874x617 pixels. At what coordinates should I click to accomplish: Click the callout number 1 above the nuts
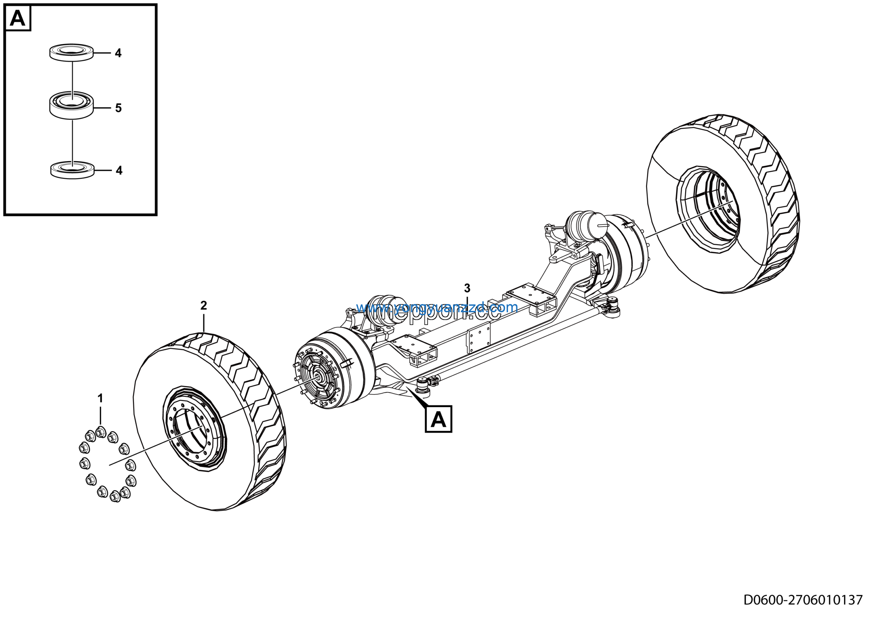(x=100, y=399)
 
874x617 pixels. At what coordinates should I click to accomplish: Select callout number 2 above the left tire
(x=204, y=305)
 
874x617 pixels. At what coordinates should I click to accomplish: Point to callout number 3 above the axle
(x=467, y=288)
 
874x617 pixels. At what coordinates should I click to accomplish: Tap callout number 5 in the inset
(x=118, y=108)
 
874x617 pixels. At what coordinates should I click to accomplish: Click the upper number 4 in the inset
(x=118, y=53)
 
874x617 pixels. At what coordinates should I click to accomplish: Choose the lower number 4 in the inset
(x=119, y=170)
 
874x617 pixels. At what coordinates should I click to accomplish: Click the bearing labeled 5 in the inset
(x=72, y=105)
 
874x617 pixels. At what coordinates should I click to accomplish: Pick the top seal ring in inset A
(x=72, y=52)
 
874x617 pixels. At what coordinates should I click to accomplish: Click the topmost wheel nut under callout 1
(x=100, y=432)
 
